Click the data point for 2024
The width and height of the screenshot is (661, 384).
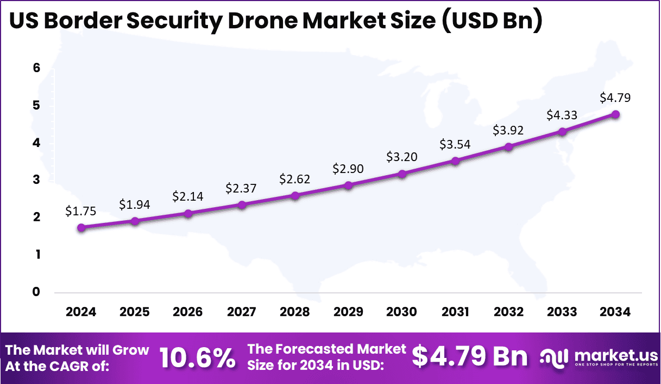tap(81, 228)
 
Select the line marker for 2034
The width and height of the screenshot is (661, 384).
tap(615, 114)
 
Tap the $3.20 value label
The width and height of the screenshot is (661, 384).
tap(402, 157)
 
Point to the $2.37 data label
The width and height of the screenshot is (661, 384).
tap(242, 188)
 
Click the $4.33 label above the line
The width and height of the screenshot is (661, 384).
tap(562, 115)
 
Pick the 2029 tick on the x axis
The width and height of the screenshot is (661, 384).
tap(349, 312)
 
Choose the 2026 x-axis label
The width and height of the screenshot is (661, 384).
tap(188, 312)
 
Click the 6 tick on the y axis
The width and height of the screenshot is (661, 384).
tap(36, 68)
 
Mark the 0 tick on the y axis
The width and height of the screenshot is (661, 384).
tap(36, 292)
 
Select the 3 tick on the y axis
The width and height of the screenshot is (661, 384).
tap(36, 180)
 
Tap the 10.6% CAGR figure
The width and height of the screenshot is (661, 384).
tap(198, 358)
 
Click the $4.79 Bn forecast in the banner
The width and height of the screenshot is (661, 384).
tap(469, 357)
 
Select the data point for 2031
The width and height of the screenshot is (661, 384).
tap(455, 161)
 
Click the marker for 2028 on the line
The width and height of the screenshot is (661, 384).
tap(295, 195)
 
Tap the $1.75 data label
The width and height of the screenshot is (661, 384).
tap(81, 212)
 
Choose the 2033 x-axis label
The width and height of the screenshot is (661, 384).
tap(562, 312)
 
